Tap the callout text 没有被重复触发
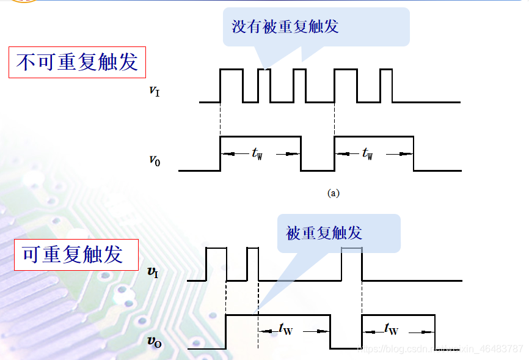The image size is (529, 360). tap(285, 27)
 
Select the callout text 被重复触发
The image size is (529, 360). tap(324, 233)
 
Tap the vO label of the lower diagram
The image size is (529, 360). tap(154, 341)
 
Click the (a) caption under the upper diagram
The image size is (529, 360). tap(334, 193)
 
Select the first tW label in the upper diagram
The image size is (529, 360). tap(257, 154)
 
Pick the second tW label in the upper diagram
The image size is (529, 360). tap(367, 154)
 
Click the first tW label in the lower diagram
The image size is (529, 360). tap(285, 329)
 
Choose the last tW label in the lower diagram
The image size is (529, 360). tap(392, 329)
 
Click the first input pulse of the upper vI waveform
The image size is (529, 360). tap(231, 86)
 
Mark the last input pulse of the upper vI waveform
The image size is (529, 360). tap(385, 86)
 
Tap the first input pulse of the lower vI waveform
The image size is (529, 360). tap(216, 265)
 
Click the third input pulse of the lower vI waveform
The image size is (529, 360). tap(351, 265)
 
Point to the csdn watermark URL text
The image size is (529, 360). tap(440, 348)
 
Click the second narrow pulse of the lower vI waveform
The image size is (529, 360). tap(252, 265)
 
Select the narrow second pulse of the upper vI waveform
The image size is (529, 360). tap(264, 86)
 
